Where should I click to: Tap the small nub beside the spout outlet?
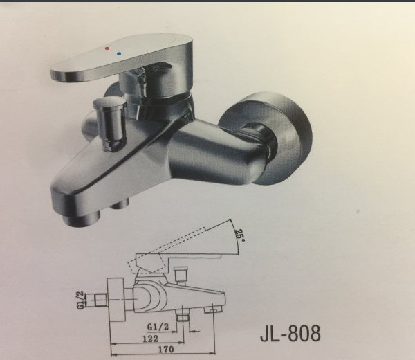coord(123,203)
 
